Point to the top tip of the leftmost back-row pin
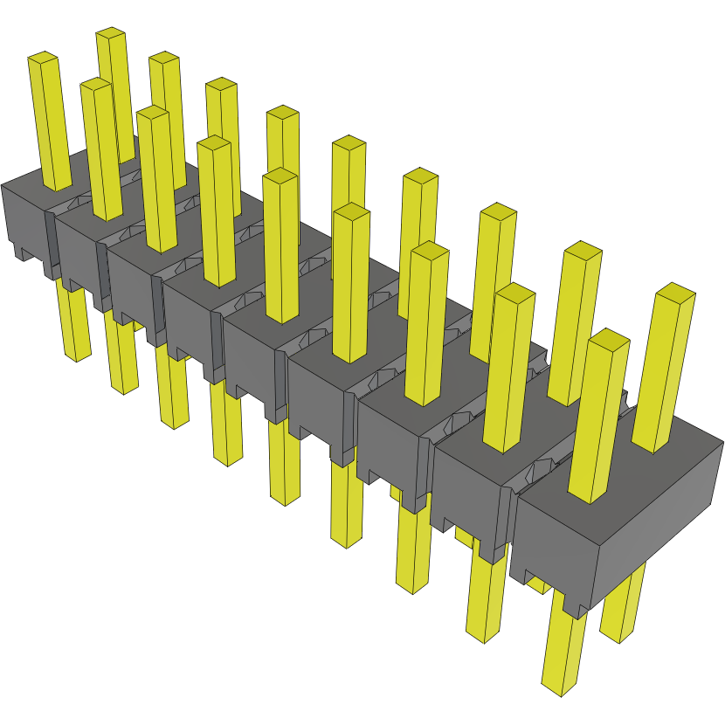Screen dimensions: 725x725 pos(112,34)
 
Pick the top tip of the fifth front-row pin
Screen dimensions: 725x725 pos(280,176)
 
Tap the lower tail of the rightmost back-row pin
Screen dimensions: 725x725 pos(622,611)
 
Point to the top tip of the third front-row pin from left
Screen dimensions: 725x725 pos(152,114)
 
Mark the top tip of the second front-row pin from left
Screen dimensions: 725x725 pos(95,86)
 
